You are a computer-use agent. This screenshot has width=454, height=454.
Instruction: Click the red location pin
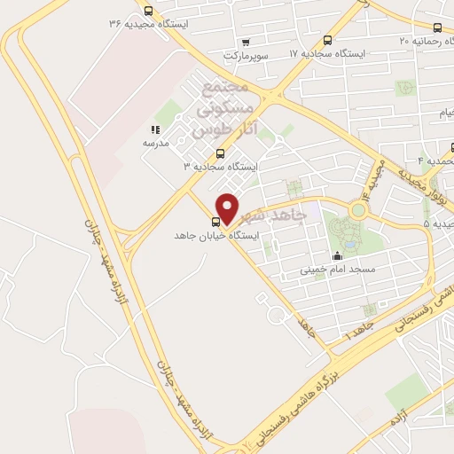[x=228, y=207]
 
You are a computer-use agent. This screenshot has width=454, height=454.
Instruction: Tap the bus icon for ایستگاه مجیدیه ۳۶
[x=148, y=12]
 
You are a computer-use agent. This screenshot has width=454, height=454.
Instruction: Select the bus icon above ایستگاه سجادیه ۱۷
[x=328, y=40]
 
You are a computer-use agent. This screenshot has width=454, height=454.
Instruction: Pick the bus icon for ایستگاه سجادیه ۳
[x=221, y=153]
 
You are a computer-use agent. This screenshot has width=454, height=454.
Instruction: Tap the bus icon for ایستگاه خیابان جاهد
[x=215, y=222]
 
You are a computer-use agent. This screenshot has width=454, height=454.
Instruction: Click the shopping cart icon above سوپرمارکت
[x=246, y=41]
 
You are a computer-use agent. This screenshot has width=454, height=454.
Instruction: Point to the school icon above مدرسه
[x=155, y=129]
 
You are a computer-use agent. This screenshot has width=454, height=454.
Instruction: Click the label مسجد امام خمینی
[x=337, y=268]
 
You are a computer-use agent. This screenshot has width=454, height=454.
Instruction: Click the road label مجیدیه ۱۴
[x=371, y=181]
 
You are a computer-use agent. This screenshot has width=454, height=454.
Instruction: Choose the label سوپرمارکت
[x=245, y=55]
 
